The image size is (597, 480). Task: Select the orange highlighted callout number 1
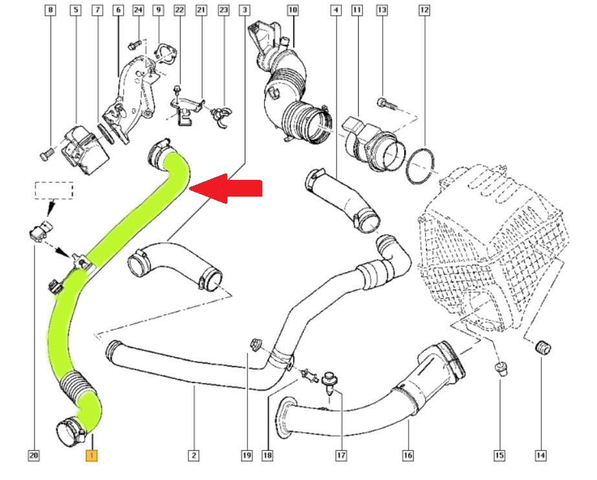tap(93, 455)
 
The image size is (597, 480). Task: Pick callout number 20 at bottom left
tap(34, 455)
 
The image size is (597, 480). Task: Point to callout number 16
tap(407, 455)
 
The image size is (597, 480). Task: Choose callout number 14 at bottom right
tap(540, 455)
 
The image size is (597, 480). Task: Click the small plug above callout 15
tap(501, 369)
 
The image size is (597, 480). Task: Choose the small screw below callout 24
tap(134, 45)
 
